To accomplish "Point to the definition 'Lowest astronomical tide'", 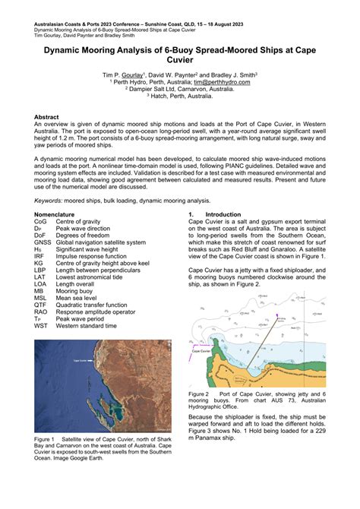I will click(x=90, y=277).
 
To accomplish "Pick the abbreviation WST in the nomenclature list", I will click(x=41, y=325).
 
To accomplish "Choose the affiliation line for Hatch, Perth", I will click(x=180, y=96).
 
